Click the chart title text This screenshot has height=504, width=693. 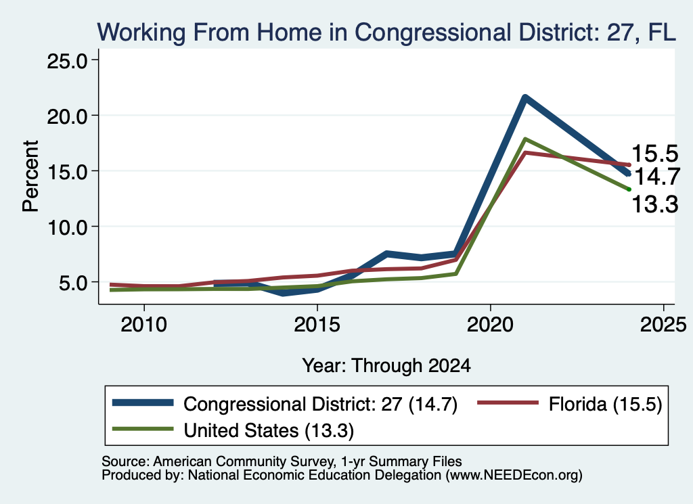[x=386, y=32]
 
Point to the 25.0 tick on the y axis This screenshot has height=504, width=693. [x=67, y=61]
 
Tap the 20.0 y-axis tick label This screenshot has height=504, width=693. [x=67, y=116]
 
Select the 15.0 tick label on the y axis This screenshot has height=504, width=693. [x=67, y=173]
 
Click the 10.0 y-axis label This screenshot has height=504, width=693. [x=67, y=227]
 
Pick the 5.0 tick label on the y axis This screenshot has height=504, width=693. [x=73, y=283]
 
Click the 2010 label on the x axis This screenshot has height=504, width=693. [x=144, y=325]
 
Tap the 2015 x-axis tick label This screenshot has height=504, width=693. [x=317, y=325]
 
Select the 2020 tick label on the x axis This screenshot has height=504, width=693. [x=490, y=325]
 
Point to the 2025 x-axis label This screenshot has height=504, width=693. [x=663, y=325]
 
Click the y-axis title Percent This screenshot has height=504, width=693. [x=30, y=177]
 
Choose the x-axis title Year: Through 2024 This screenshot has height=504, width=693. [x=386, y=366]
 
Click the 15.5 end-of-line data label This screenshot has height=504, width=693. [x=655, y=154]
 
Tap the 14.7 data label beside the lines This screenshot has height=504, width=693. [x=657, y=177]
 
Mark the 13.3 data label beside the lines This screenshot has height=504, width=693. [x=655, y=204]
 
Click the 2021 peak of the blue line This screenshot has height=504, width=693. [x=524, y=97]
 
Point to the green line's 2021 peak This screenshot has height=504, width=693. [x=524, y=139]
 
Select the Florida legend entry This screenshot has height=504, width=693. [x=570, y=404]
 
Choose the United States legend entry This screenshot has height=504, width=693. [x=233, y=430]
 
